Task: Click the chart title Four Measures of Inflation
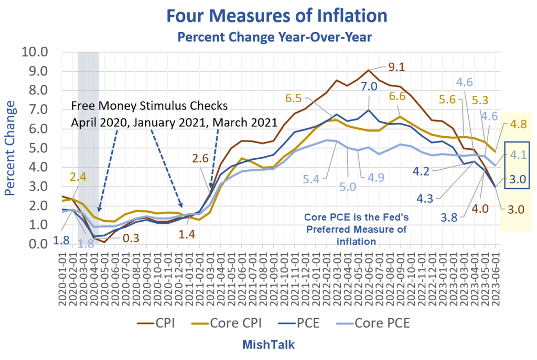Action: click(x=277, y=16)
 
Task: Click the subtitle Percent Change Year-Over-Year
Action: click(x=275, y=37)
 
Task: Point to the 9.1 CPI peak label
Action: click(x=396, y=67)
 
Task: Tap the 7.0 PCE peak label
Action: click(x=369, y=86)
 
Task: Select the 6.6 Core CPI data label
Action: click(x=398, y=96)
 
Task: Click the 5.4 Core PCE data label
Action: click(x=311, y=179)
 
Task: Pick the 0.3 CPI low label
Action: click(x=131, y=238)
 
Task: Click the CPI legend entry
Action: click(x=156, y=323)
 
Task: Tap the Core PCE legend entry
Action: click(x=373, y=323)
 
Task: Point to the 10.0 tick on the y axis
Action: click(x=35, y=52)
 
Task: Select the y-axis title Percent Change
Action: click(x=9, y=148)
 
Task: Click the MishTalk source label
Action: click(x=268, y=344)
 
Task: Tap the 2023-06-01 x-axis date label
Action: click(x=496, y=279)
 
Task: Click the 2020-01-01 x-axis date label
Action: click(x=62, y=279)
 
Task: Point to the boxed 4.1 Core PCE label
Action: click(x=518, y=155)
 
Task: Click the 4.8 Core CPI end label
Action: click(x=519, y=124)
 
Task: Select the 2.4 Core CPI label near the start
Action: click(x=78, y=177)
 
